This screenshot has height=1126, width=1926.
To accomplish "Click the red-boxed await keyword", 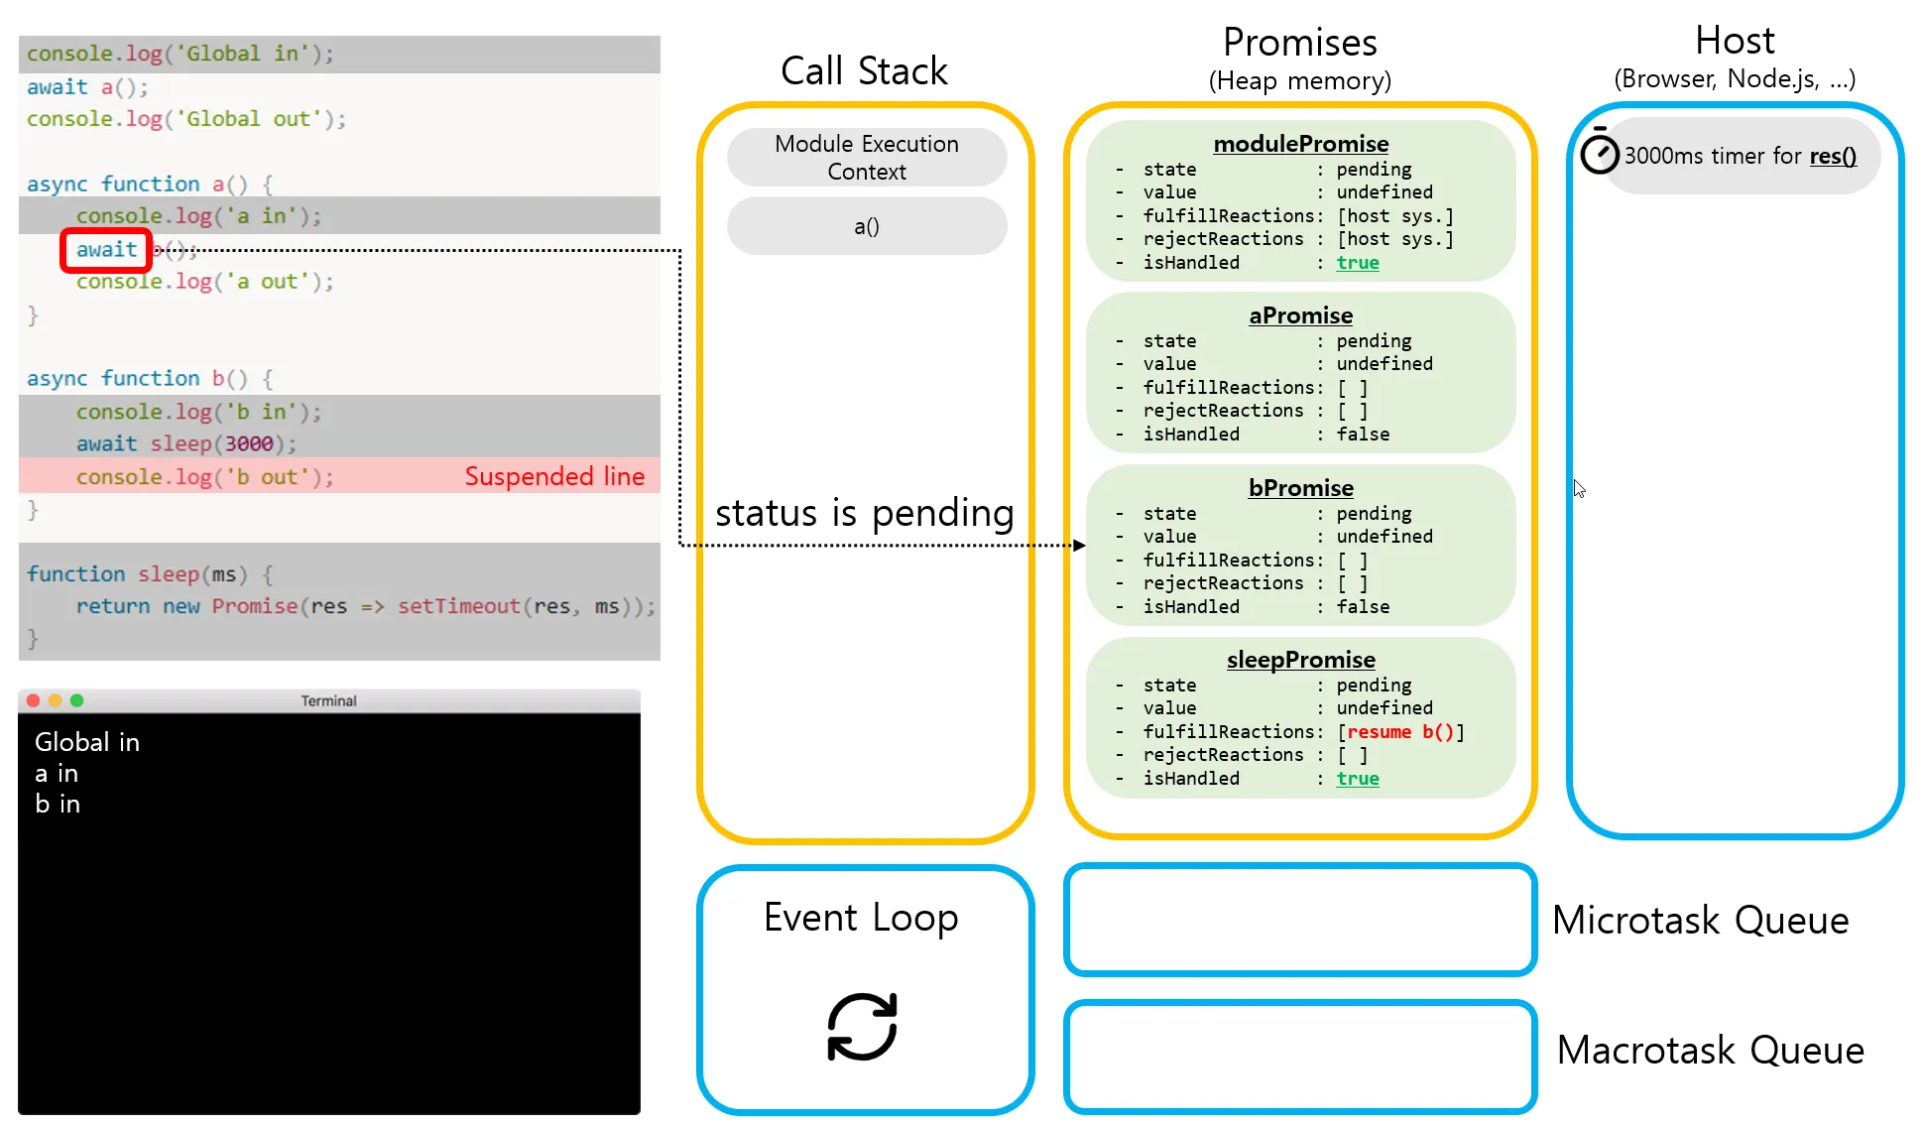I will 106,250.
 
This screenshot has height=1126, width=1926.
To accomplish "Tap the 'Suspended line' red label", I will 554,476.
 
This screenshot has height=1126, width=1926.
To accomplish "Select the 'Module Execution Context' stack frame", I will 866,158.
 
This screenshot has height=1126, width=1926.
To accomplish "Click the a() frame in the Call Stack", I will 866,226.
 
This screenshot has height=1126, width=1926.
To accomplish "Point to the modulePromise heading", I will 1300,144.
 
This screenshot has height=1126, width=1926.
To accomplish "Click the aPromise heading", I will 1300,315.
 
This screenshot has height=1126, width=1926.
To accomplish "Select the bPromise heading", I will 1300,488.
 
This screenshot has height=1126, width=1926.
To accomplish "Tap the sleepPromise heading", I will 1300,660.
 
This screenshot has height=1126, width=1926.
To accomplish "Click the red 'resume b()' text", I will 1399,732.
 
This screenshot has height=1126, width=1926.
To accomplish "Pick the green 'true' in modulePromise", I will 1357,263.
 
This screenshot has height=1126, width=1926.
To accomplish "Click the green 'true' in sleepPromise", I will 1357,779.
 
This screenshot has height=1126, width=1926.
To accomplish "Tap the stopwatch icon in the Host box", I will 1599,153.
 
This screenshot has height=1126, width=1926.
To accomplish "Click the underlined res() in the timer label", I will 1833,156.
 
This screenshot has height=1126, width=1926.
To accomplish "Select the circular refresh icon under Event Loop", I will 862,1027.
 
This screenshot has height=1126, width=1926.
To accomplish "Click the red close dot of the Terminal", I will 33,700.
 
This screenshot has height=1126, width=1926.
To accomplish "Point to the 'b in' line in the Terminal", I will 58,805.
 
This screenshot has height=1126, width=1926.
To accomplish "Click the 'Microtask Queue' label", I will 1700,921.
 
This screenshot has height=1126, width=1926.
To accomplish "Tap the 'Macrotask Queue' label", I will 1710,1051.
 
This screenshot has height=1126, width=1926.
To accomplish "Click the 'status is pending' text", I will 864,513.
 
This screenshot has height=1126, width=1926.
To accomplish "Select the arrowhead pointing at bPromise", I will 1080,545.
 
